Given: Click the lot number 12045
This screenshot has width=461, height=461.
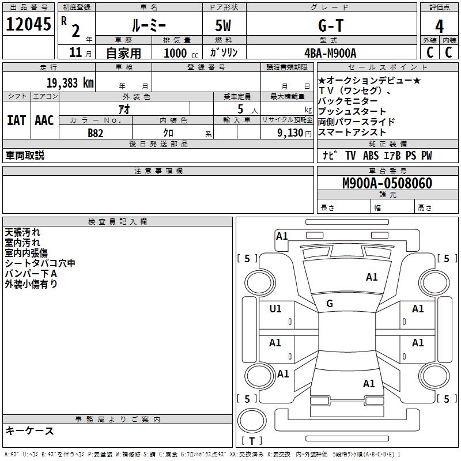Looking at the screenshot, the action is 28,24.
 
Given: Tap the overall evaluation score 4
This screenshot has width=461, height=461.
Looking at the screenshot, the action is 439,26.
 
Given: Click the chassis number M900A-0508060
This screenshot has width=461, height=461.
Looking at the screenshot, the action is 387,183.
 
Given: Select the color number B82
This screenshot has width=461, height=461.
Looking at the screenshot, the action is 96,133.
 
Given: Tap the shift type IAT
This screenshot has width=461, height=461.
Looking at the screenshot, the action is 16,120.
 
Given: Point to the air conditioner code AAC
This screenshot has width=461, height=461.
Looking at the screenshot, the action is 44,120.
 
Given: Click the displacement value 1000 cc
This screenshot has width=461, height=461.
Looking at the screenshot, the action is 180,53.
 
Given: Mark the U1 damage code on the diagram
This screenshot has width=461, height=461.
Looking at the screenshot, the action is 275,309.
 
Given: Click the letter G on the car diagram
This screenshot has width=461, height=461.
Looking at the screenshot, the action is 330,303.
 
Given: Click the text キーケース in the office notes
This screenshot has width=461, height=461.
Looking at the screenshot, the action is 30,430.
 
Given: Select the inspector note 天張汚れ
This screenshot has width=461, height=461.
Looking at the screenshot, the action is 22,232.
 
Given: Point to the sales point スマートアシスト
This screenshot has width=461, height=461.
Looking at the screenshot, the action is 352,133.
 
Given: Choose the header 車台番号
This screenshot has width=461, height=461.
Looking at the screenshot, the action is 388,171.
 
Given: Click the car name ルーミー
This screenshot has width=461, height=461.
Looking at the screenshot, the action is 148,26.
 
